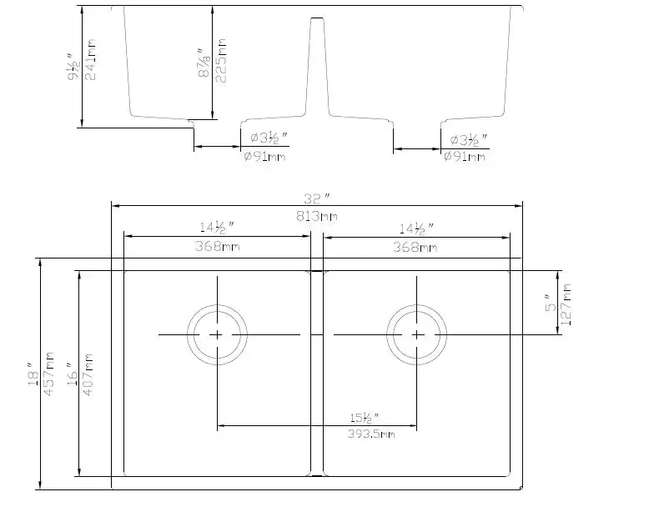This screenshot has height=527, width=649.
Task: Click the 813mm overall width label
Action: coord(317,216)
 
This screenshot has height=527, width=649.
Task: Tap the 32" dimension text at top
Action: coord(317,198)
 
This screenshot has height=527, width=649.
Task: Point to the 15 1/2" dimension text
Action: coord(365,417)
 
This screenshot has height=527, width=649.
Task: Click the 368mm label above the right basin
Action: coord(415,247)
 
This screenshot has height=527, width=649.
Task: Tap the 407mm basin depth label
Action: coord(88,375)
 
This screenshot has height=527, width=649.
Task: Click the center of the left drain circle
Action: coord(217,334)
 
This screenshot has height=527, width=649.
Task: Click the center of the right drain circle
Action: coord(417,334)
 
